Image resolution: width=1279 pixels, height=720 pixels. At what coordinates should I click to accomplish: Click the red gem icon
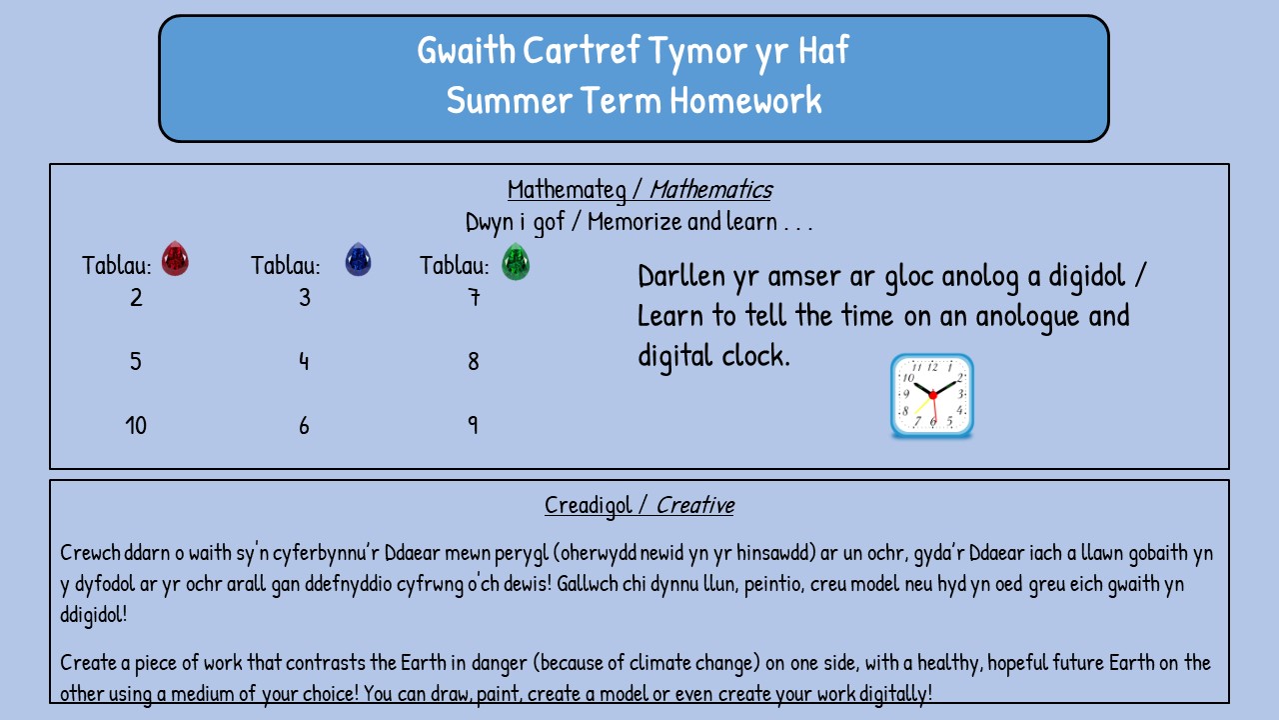pos(175,258)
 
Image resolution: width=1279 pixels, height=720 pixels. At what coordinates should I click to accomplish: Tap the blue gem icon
pos(358,259)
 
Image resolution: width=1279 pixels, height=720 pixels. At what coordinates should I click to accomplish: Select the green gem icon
pos(516,262)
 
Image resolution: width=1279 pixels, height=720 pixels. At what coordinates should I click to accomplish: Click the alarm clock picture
pos(932,396)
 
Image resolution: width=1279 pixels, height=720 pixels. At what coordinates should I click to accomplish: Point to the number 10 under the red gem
pos(136,426)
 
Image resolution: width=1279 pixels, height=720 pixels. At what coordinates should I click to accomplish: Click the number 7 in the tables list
pos(474,297)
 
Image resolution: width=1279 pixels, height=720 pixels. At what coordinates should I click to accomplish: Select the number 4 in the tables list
pos(304,361)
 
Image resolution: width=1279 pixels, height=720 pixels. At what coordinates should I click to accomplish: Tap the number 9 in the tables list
pos(473,425)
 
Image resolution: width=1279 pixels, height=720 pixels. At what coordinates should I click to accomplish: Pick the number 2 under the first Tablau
pos(136,297)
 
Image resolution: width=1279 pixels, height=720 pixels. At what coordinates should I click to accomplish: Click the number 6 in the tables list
pos(304,426)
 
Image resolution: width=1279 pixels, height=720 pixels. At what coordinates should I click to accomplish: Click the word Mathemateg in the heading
pos(567,190)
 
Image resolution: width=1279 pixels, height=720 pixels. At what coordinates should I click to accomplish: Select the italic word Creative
pos(695,505)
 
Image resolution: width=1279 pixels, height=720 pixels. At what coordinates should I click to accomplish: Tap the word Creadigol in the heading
pos(589,506)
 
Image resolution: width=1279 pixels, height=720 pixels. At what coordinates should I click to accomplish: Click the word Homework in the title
pos(745,100)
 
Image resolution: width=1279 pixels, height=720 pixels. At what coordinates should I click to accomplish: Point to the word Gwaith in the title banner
pos(467,50)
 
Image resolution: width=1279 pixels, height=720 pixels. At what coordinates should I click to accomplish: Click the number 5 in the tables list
pos(135,361)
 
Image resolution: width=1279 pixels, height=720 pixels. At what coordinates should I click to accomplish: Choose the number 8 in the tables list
pos(474,361)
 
